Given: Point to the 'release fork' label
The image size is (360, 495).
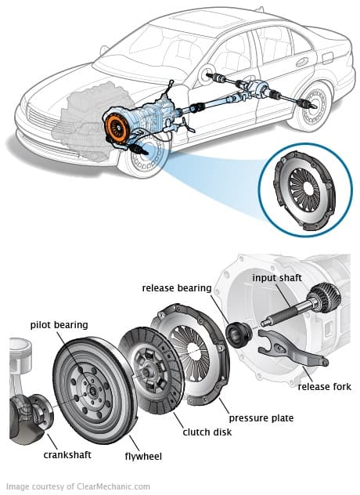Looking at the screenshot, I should [x=324, y=386].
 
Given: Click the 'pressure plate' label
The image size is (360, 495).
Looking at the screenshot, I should [x=261, y=418].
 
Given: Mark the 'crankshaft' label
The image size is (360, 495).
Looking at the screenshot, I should [x=58, y=453].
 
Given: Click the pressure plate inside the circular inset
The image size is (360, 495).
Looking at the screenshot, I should [x=301, y=187].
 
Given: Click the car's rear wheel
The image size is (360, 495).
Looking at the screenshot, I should [x=309, y=110].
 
